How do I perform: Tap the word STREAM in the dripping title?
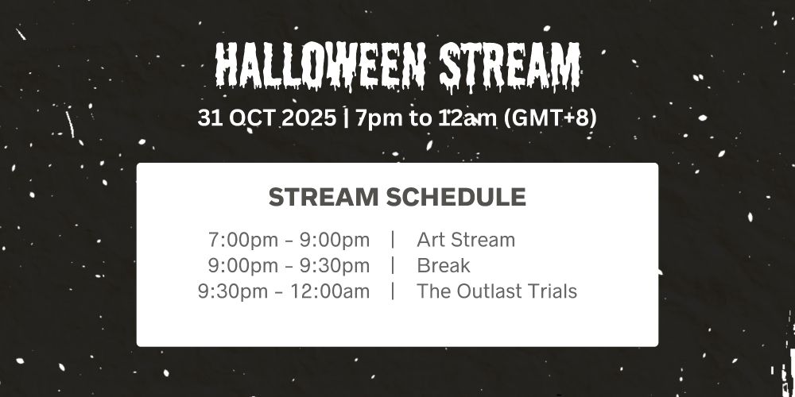510,66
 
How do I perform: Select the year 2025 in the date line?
308,118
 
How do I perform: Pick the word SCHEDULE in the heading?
456,197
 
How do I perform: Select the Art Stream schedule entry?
466,240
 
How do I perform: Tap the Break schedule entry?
444,265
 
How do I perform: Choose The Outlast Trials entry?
497,291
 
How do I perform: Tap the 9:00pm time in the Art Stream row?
335,240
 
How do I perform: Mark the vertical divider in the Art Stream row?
393,240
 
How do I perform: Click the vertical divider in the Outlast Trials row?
393,291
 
